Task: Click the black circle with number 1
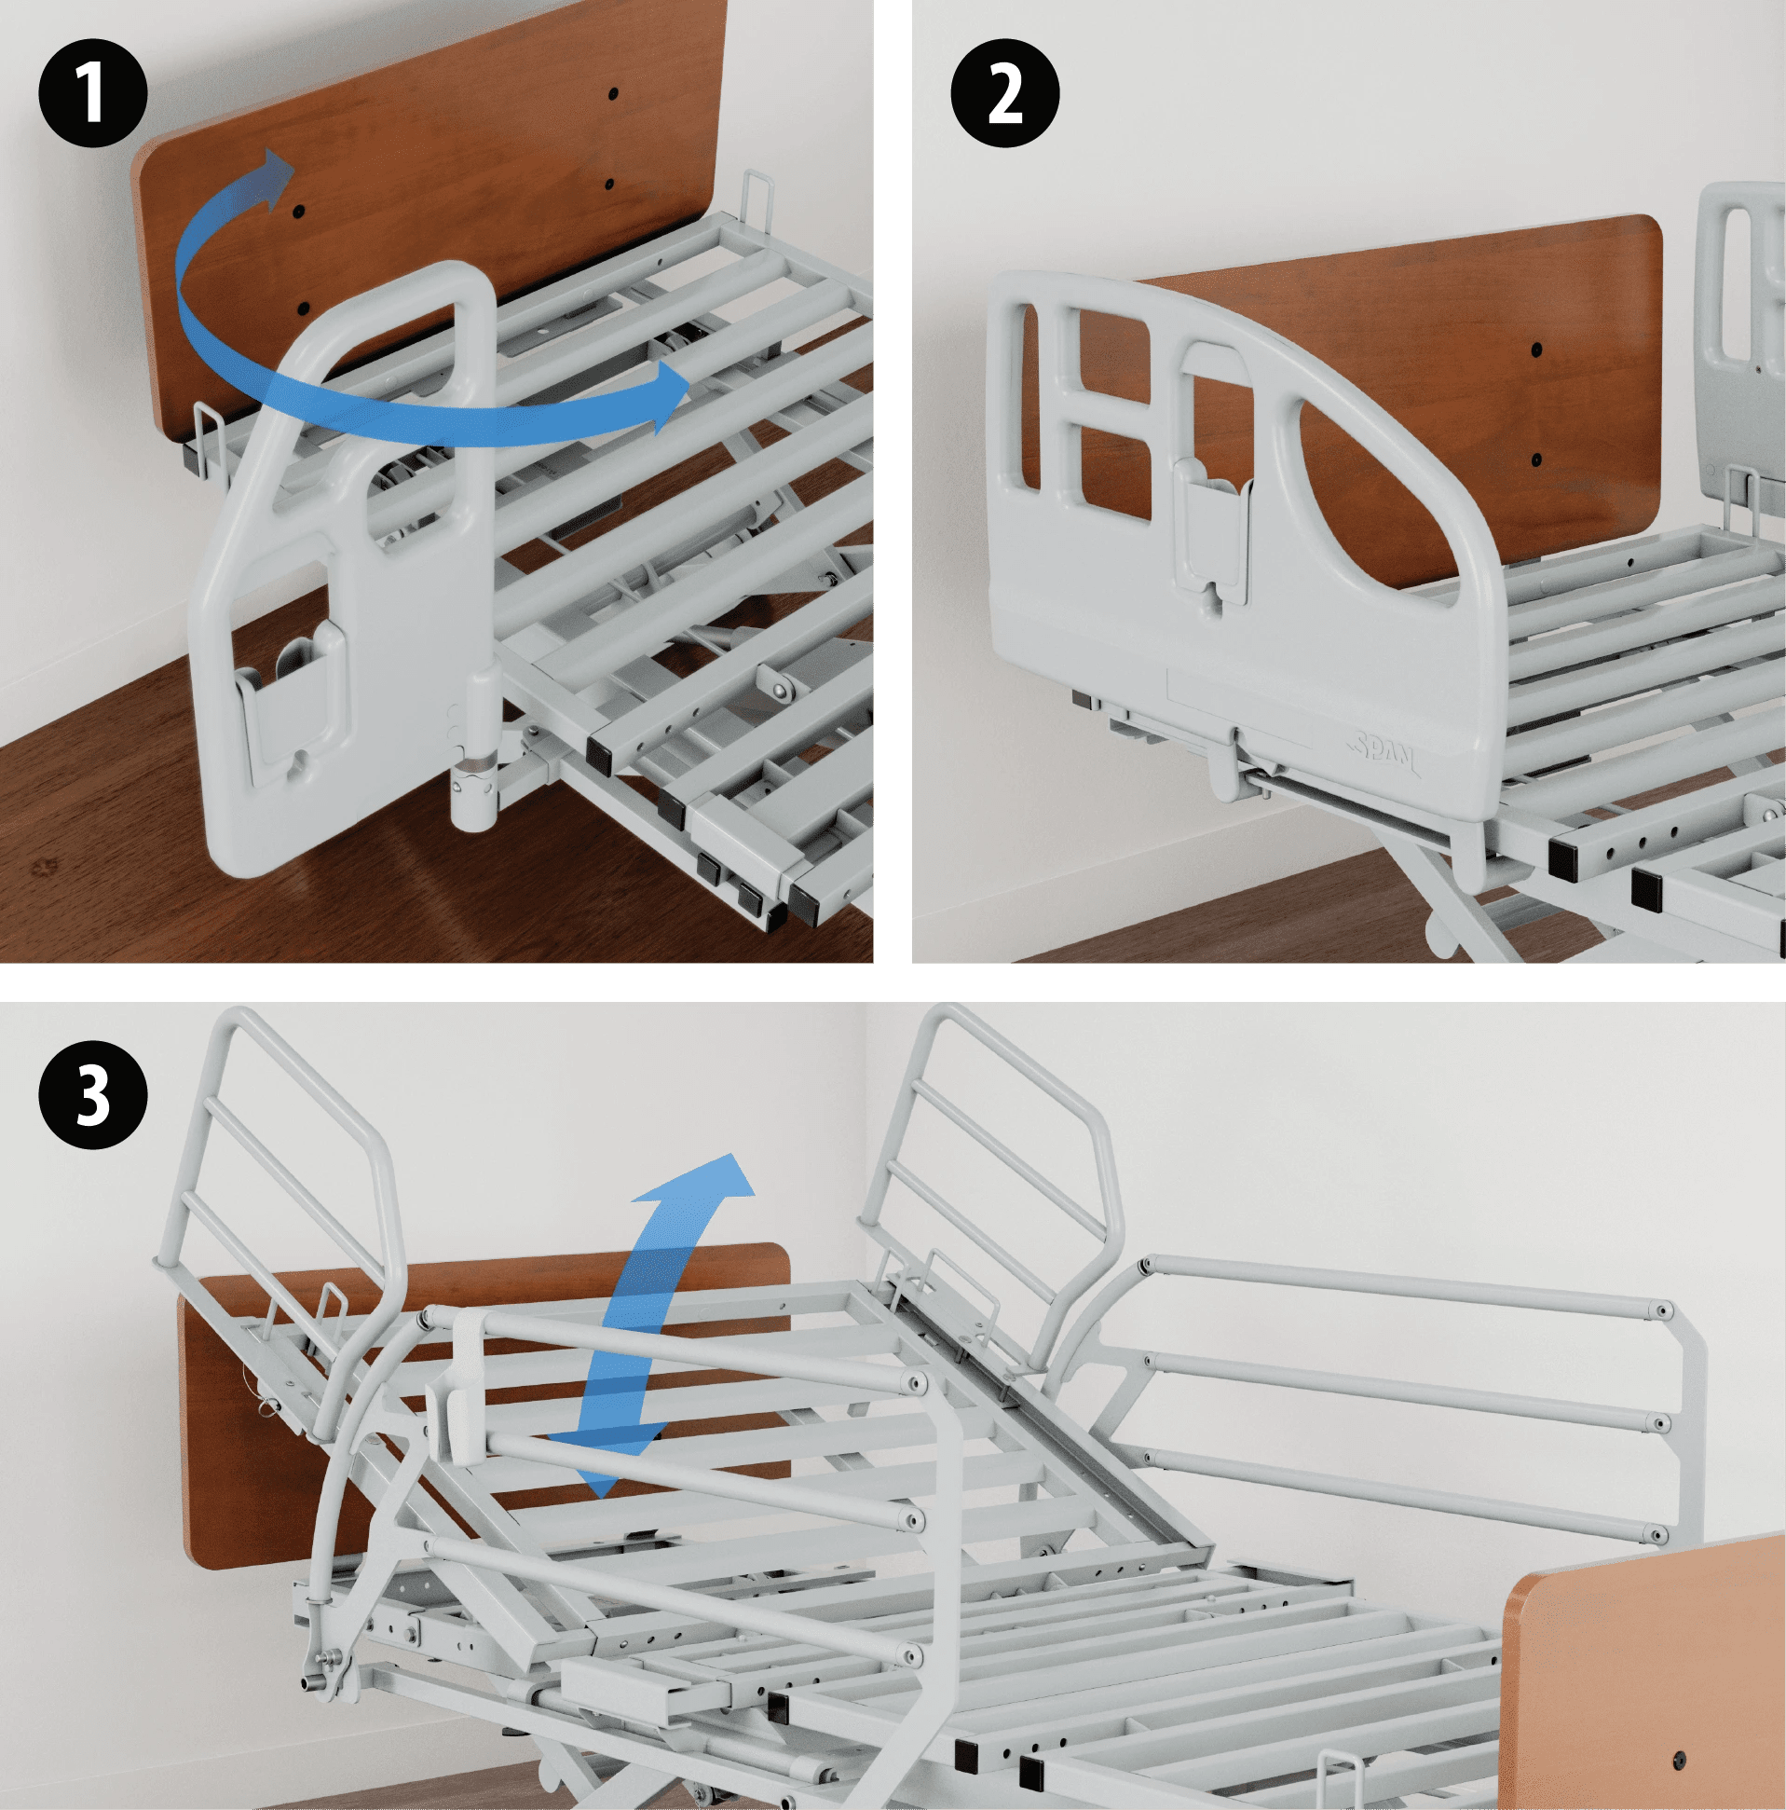[x=93, y=94]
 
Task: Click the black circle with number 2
[x=1005, y=94]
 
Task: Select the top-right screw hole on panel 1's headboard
[x=612, y=94]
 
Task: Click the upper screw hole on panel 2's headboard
[x=1537, y=350]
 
